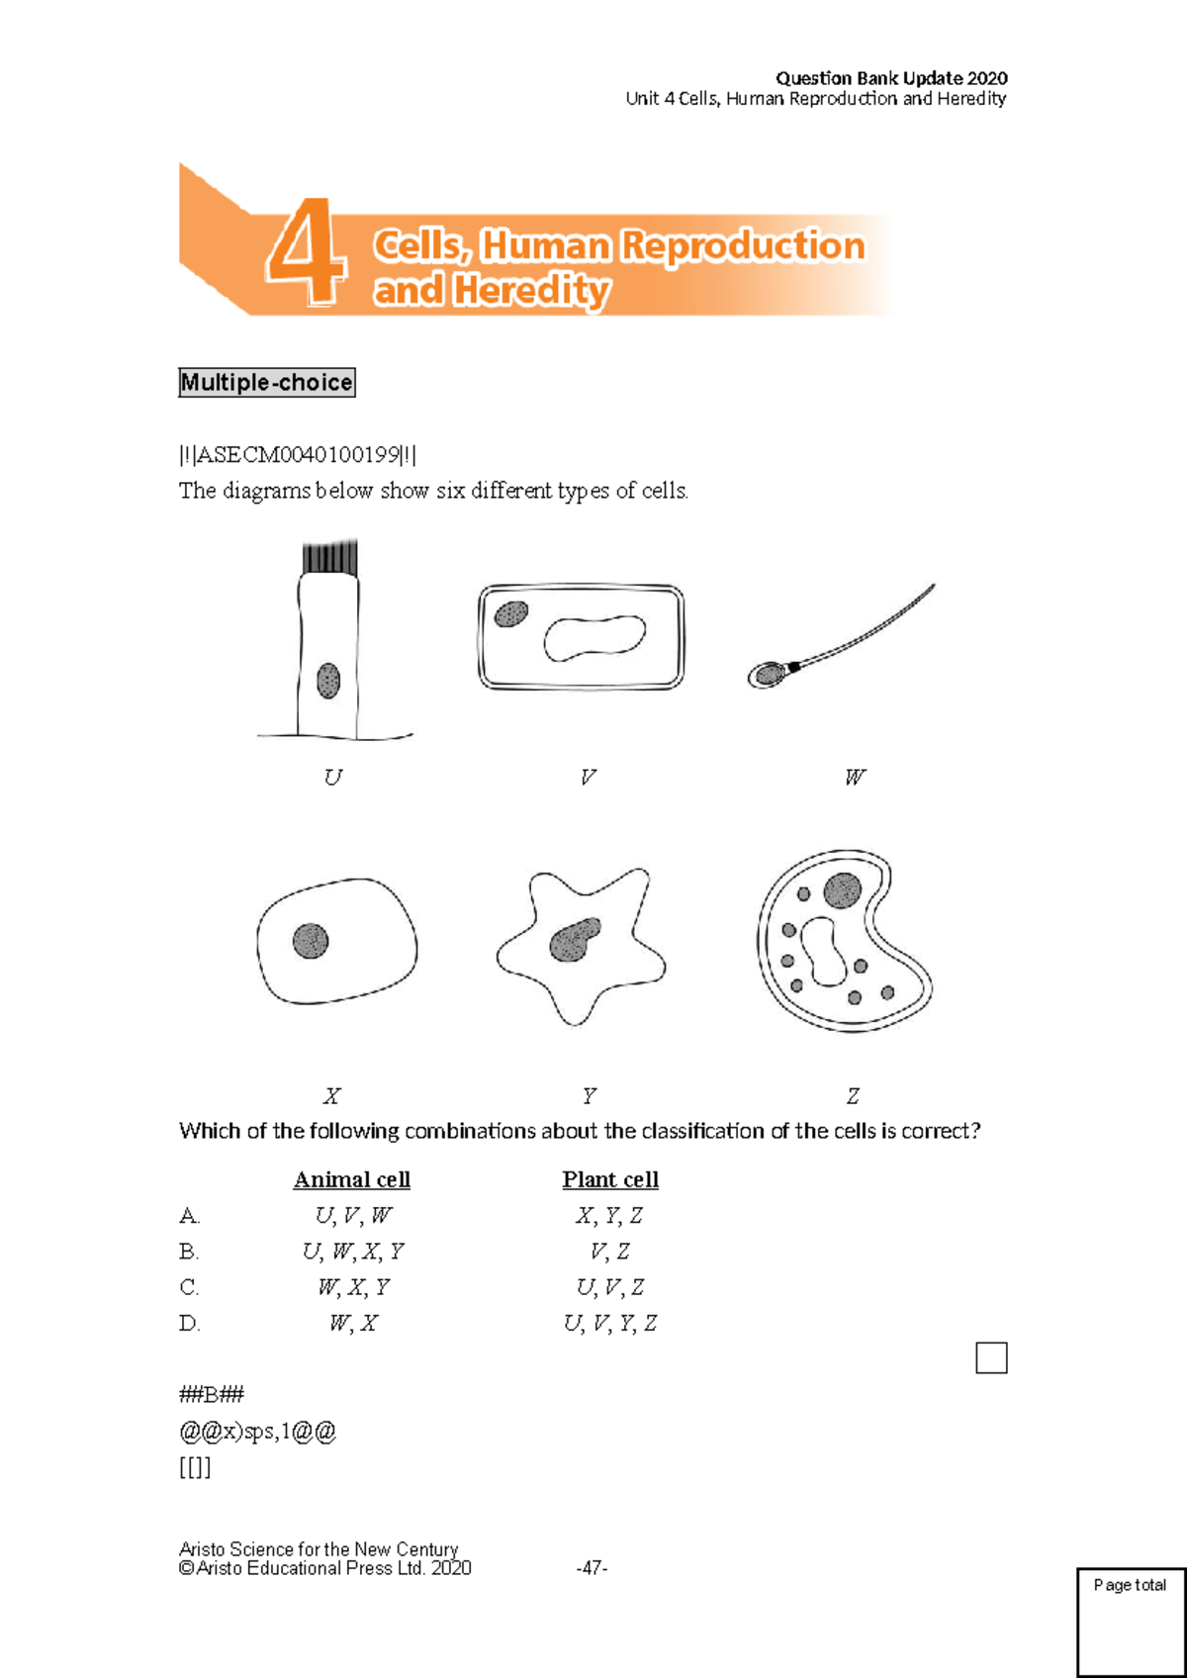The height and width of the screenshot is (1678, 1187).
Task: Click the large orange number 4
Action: coord(307,251)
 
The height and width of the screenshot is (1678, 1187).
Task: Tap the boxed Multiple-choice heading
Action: coord(266,383)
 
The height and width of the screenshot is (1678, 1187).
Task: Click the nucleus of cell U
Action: coord(328,681)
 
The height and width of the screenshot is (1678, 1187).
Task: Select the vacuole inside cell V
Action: coord(593,637)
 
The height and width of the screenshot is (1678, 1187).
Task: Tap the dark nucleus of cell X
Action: coord(311,940)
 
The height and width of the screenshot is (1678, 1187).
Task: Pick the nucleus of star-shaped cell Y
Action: coord(574,940)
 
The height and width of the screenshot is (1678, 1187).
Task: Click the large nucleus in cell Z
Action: coord(842,890)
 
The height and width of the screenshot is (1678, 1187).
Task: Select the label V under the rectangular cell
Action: coord(588,778)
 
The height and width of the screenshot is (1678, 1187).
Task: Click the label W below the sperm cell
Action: coord(855,778)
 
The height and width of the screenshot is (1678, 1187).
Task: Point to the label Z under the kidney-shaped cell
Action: coord(853,1096)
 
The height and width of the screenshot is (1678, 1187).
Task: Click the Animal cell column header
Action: coord(352,1179)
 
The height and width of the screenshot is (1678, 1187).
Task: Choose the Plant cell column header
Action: coord(610,1179)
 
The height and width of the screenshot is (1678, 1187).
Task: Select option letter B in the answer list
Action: coord(189,1252)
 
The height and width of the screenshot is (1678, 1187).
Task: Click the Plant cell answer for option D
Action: coord(610,1324)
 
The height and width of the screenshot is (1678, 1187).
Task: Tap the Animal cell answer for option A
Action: coord(353,1216)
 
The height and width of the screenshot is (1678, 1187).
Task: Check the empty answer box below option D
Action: coord(991,1357)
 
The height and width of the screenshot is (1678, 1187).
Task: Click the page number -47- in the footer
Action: coord(592,1568)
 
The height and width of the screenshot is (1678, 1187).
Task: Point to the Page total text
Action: coord(1130,1585)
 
